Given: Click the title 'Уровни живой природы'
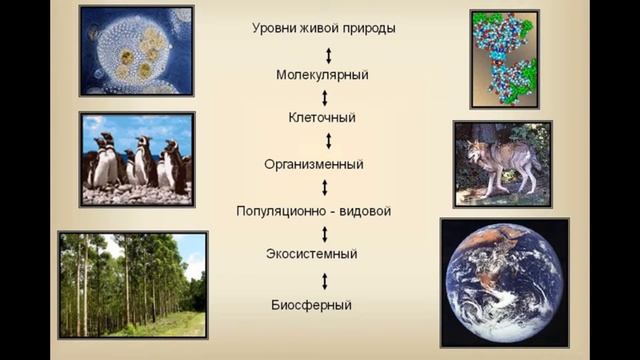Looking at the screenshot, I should (x=323, y=28).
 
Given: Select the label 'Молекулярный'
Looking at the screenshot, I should (x=322, y=75).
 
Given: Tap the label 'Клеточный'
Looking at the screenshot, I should (x=322, y=118).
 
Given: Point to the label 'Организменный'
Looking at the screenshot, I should (x=313, y=164).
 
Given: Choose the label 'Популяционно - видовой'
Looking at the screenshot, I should (x=313, y=211).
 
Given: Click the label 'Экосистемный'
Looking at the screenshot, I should (x=313, y=254).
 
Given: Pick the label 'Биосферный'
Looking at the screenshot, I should (x=310, y=303).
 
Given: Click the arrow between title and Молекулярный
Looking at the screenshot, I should (x=327, y=52).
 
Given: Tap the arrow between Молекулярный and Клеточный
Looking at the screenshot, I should (x=324, y=97).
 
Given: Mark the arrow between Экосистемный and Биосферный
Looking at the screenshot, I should (x=324, y=279).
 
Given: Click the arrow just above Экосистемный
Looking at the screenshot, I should (x=324, y=233).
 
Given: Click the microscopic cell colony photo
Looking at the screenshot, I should (x=136, y=50).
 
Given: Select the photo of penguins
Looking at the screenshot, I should (x=136, y=160).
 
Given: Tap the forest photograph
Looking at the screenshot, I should (x=132, y=284).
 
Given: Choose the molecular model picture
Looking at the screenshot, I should (x=504, y=58).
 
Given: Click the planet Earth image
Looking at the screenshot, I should (x=503, y=282).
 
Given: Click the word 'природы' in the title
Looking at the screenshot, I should (x=368, y=29).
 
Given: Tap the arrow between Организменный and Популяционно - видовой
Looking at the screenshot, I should (x=324, y=187).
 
